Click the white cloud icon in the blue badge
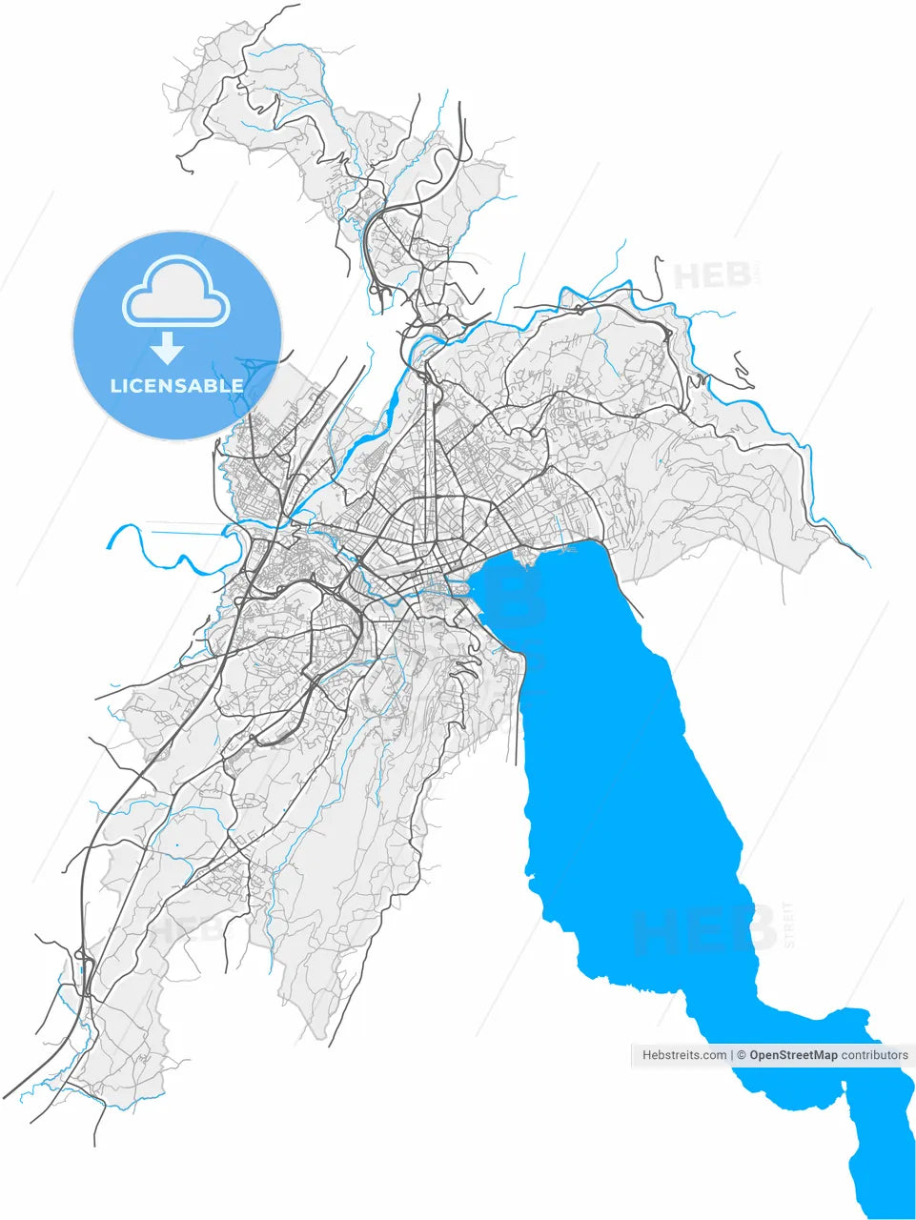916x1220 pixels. pyautogui.click(x=176, y=292)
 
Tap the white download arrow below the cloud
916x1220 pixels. pyautogui.click(x=168, y=349)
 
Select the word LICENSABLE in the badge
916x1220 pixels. pyautogui.click(x=177, y=386)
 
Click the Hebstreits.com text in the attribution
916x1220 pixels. pyautogui.click(x=684, y=1055)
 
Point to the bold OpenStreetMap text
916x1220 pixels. pyautogui.click(x=793, y=1055)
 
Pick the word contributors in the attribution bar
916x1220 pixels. pyautogui.click(x=875, y=1055)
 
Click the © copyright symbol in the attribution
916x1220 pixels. pyautogui.click(x=741, y=1055)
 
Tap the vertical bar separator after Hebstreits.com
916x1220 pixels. pyautogui.click(x=731, y=1055)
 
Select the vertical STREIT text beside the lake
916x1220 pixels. pyautogui.click(x=787, y=925)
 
